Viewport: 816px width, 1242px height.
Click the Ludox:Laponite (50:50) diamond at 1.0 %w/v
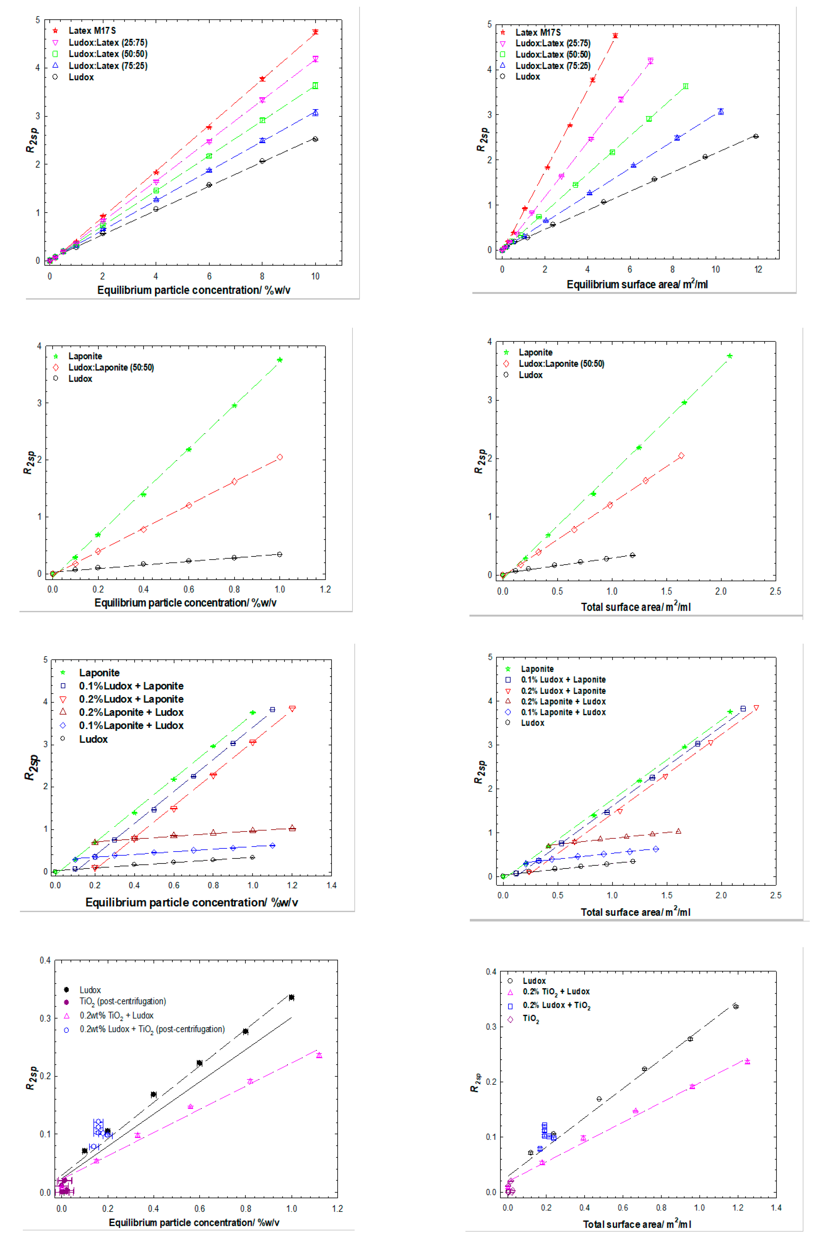point(280,457)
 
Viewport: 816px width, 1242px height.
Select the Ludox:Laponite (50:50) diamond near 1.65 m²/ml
point(681,455)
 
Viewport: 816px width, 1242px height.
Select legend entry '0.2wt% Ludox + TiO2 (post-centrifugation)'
point(151,1029)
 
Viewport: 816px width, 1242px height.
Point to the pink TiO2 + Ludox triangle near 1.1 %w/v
point(319,1055)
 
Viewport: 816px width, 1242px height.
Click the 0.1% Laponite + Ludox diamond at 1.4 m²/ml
point(656,849)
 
